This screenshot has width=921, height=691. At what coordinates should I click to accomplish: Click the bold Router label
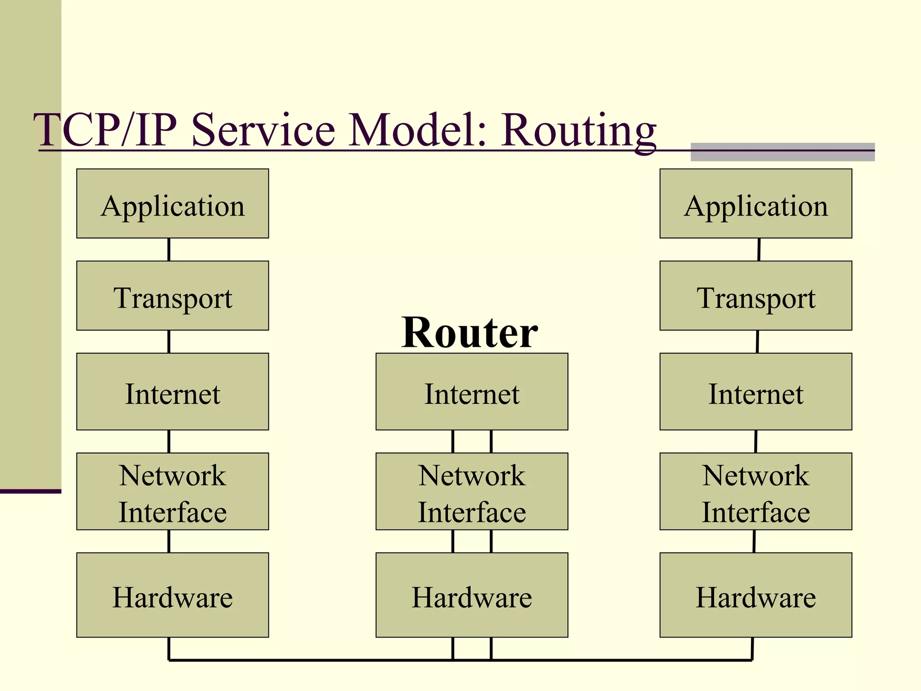coord(469,333)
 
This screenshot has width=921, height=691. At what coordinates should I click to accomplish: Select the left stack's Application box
coord(173,204)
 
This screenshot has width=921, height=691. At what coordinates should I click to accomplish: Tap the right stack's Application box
coord(756,204)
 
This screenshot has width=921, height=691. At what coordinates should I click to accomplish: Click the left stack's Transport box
coord(173,296)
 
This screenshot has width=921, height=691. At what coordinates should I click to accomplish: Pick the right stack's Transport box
coord(756,296)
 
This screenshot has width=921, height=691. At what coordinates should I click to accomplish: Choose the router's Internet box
coord(472,392)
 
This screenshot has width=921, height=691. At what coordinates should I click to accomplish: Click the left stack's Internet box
coord(173,392)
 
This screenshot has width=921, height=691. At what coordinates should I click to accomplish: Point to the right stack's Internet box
coord(756,392)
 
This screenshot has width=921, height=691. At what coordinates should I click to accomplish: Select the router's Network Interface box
coord(472,492)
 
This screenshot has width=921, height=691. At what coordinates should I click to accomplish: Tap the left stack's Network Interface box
coord(173,492)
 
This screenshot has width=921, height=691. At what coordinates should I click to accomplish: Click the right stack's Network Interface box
coord(756,492)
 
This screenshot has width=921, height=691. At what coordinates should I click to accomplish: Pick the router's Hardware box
coord(472,595)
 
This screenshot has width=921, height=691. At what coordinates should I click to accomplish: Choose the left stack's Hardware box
coord(173,595)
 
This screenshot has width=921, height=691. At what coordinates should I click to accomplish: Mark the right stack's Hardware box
coord(756,595)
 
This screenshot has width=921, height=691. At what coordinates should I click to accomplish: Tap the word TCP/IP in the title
coord(106,130)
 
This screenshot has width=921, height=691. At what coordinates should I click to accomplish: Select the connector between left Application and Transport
coord(169,250)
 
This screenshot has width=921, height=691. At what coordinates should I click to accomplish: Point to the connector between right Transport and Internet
coord(757,342)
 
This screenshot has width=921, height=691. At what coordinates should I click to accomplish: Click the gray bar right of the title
coord(782,152)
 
